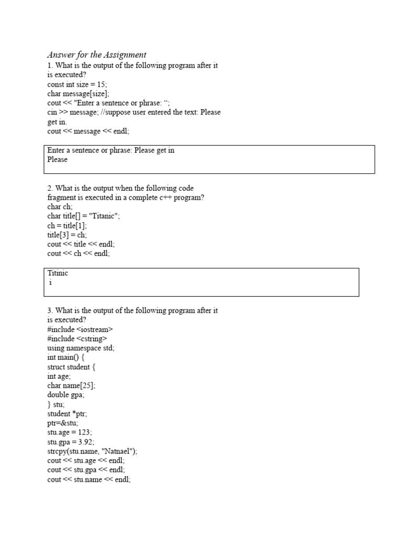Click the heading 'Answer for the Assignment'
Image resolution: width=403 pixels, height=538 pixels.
click(x=97, y=55)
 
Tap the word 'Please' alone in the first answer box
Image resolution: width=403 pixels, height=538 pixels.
click(x=58, y=160)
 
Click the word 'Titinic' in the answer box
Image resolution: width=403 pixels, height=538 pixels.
click(x=58, y=273)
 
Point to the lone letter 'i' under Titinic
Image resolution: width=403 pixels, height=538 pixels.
click(x=50, y=283)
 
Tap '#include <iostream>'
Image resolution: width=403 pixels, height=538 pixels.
click(x=80, y=329)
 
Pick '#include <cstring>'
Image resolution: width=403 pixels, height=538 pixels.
click(x=77, y=339)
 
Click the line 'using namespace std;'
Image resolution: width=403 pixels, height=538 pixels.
click(x=81, y=348)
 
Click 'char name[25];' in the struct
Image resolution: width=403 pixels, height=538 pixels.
click(x=71, y=386)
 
